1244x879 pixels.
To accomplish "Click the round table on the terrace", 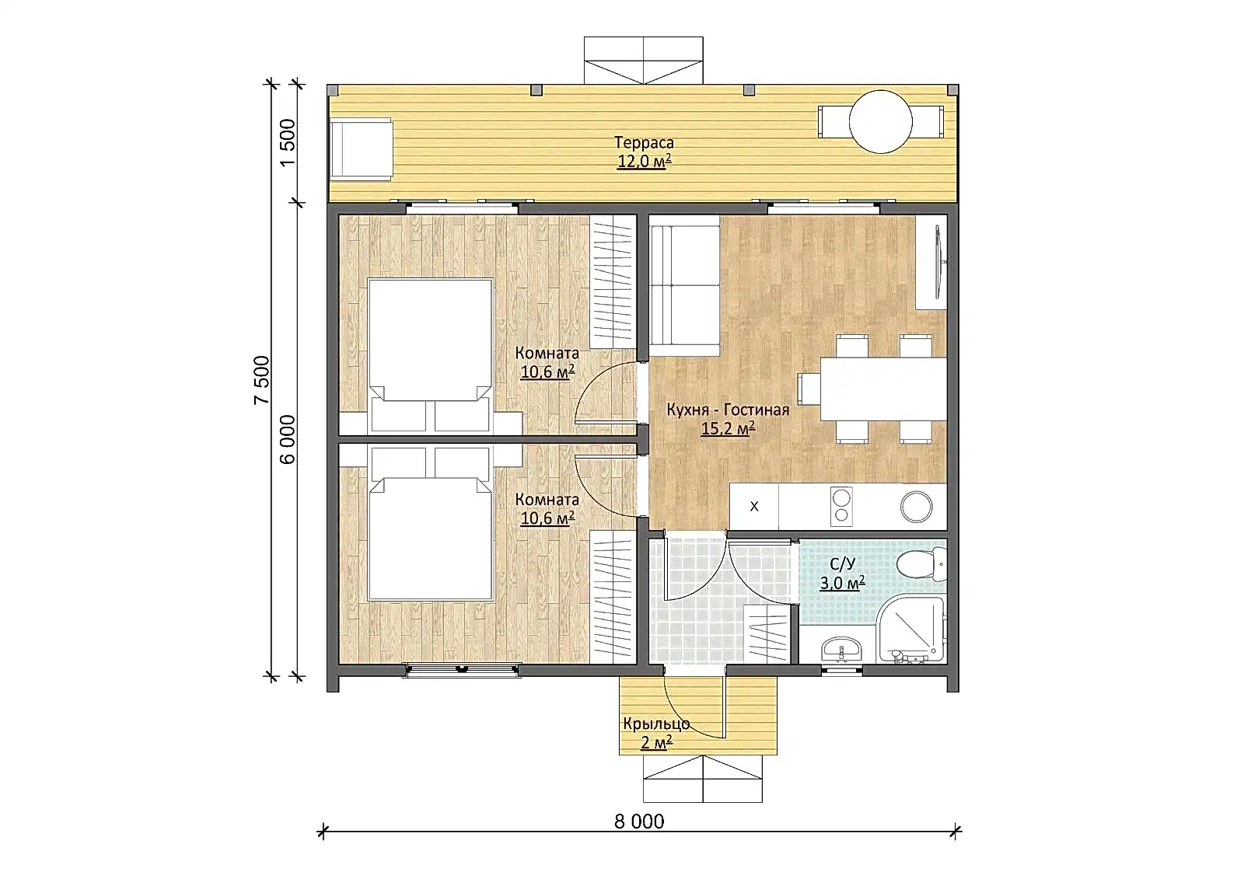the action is [880, 121].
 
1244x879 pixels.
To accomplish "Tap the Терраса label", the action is [644, 143].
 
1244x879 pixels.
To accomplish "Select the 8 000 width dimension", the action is [638, 821].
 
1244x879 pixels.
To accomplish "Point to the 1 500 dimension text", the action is [288, 142].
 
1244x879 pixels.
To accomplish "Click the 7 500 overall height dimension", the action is [261, 380].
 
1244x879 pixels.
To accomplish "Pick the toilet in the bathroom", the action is [922, 565].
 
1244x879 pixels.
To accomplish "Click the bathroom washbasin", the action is [842, 649].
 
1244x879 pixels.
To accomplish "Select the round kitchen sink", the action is [916, 507].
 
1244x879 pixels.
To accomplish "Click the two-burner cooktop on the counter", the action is [841, 506].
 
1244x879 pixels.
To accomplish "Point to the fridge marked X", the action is [753, 506].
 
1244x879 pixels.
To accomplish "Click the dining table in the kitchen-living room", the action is [883, 389].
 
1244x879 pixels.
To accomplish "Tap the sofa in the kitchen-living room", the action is [684, 285].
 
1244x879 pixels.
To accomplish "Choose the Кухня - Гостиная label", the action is [728, 410].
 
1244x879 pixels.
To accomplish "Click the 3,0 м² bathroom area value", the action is [843, 582].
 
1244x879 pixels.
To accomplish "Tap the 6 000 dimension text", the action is [287, 440].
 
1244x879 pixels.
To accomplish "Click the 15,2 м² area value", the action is [728, 429].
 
